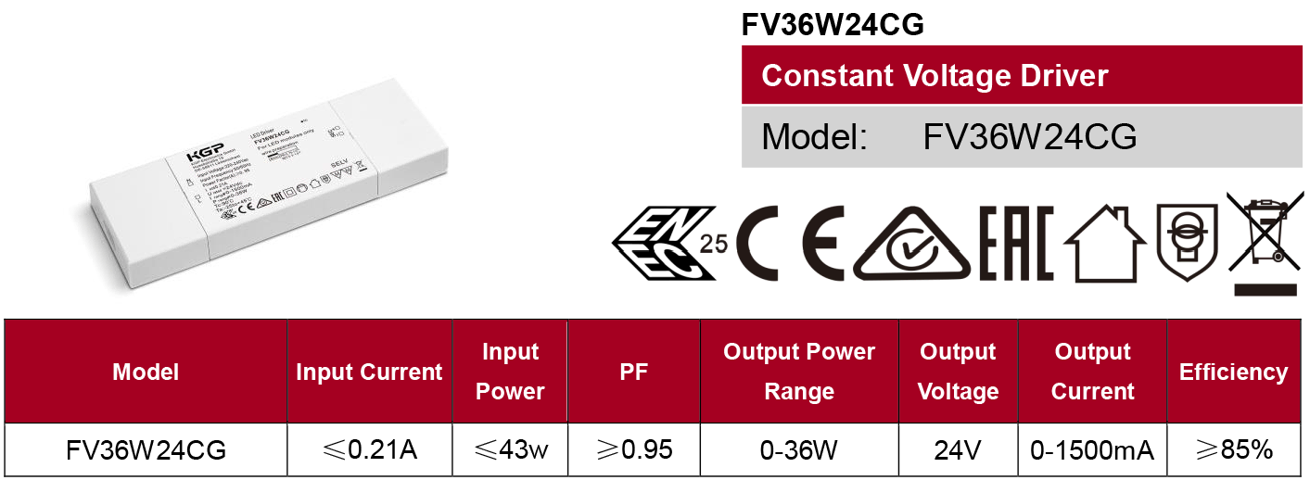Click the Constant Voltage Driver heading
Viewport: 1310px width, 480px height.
pyautogui.click(x=935, y=75)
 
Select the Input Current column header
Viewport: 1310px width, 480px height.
pyautogui.click(x=369, y=372)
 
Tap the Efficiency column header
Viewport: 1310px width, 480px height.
pyautogui.click(x=1233, y=372)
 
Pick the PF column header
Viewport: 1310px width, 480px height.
pyautogui.click(x=634, y=372)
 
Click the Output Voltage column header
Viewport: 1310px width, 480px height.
pyautogui.click(x=958, y=372)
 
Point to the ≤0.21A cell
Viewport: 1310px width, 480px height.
pyautogui.click(x=369, y=450)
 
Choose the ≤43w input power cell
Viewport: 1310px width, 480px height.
pyautogui.click(x=510, y=450)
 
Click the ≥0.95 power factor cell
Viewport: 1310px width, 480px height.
pyautogui.click(x=634, y=450)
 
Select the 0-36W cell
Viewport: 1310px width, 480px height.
pyautogui.click(x=798, y=450)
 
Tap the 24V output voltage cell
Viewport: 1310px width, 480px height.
pyautogui.click(x=958, y=450)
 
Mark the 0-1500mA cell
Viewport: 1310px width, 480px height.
pyautogui.click(x=1092, y=450)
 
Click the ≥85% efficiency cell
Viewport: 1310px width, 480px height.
pyautogui.click(x=1233, y=450)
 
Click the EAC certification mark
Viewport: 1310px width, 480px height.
pyautogui.click(x=1016, y=244)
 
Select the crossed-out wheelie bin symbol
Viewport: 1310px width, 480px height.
pyautogui.click(x=1265, y=243)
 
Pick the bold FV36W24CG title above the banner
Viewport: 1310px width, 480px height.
pyautogui.click(x=833, y=25)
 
